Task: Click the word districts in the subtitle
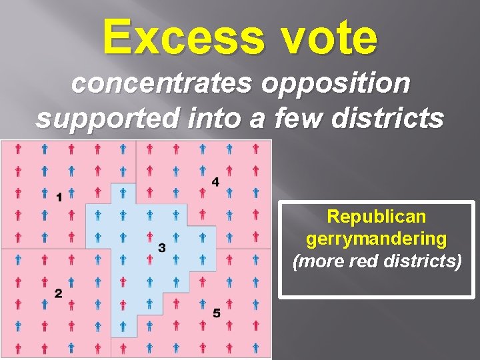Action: (392, 118)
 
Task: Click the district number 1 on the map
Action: (59, 197)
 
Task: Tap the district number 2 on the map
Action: (59, 293)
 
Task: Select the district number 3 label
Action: (162, 248)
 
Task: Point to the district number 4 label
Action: (215, 182)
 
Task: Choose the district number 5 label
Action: (216, 313)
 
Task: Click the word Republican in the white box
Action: (377, 217)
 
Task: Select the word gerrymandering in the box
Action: (377, 238)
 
